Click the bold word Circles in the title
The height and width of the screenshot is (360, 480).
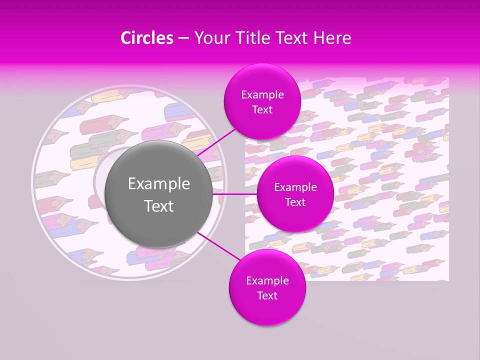(147, 38)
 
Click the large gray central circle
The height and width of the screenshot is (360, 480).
(159, 194)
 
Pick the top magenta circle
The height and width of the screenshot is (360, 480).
(262, 102)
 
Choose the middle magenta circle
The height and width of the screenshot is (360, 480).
(295, 194)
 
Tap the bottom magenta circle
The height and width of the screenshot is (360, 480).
(267, 287)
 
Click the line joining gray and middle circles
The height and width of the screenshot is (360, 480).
(235, 194)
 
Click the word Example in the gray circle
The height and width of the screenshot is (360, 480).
(159, 184)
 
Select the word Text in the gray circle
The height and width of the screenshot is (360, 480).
(159, 206)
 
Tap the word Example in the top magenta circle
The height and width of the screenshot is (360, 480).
(262, 95)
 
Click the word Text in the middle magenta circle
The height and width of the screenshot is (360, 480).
(295, 202)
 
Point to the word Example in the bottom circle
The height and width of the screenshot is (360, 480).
(267, 281)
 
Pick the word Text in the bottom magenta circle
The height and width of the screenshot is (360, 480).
(267, 296)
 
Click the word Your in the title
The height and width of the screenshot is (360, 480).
(211, 38)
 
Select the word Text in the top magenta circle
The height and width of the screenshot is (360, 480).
(262, 110)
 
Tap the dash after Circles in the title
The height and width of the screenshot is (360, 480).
(183, 38)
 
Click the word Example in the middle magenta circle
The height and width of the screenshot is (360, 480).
(295, 187)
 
